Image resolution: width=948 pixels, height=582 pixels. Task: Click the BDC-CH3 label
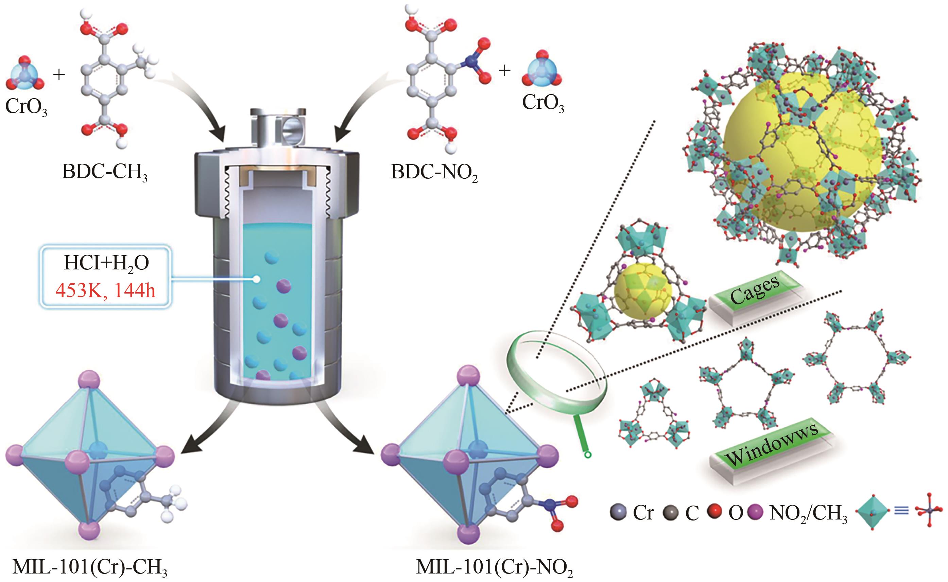pos(104,172)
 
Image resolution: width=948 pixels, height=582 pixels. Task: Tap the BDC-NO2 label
pos(434,172)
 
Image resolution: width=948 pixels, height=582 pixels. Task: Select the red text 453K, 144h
pos(105,290)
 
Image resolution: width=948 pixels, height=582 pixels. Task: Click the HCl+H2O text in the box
pos(106,263)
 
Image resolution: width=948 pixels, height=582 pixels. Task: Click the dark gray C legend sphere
pos(670,513)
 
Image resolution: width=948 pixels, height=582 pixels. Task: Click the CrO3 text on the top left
pos(26,106)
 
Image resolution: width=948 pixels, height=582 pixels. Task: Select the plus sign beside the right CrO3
pos(504,70)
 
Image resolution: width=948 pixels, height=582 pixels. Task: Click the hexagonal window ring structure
pos(857,358)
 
